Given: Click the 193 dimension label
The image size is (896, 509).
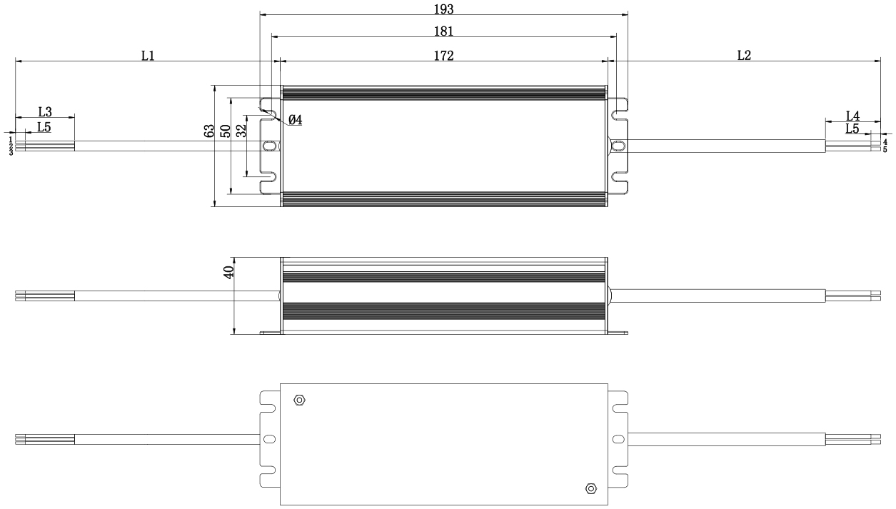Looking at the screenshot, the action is tap(443, 9).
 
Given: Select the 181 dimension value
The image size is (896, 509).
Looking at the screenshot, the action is tap(443, 31).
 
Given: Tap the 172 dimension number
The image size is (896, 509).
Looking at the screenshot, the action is tap(443, 56).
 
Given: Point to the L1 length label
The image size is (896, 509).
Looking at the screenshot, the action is tap(148, 56).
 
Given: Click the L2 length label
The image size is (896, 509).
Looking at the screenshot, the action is tap(744, 56).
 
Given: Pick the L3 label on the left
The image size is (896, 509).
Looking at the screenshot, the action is tap(45, 111).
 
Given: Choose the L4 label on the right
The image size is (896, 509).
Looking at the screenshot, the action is tap(852, 116).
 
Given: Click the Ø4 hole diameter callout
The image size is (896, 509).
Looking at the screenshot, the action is tap(295, 119).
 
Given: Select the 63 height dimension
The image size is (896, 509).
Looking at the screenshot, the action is tap(209, 131).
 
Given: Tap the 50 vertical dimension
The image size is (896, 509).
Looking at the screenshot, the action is tap(226, 131).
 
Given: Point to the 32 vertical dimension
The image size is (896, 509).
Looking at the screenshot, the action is tap(241, 131).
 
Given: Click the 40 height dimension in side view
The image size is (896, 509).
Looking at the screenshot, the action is tap(228, 272).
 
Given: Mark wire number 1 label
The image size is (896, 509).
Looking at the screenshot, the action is tap(11, 138).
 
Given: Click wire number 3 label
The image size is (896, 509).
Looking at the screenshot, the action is tap(11, 153).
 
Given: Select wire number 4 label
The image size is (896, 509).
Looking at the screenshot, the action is tap(885, 142).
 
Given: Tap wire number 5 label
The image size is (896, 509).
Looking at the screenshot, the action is tap(885, 149).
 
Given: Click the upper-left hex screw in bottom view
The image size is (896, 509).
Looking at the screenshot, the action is tap(299, 400).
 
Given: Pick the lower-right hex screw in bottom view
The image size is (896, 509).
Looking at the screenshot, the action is tap(591, 488).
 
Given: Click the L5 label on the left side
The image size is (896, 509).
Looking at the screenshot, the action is tap(44, 127).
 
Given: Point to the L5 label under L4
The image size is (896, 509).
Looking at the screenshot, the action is tap(852, 128).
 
